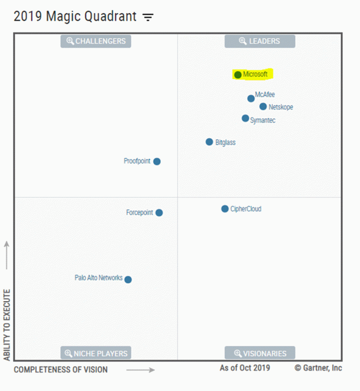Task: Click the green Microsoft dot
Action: point(238,75)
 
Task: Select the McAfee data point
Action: point(251,98)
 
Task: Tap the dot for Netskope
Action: point(263,106)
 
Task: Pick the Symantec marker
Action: point(245,118)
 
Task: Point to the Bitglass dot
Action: point(209,142)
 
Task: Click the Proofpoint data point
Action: point(157,161)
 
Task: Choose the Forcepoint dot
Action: point(159,212)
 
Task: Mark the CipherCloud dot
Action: point(225,209)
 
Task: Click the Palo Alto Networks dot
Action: point(128,279)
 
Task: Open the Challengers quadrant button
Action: point(96,41)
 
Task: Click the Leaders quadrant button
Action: point(260,41)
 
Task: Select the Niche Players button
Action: point(96,353)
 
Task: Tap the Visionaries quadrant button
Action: point(260,353)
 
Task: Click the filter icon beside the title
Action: point(148,17)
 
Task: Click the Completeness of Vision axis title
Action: point(60,369)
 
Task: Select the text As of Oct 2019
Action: point(245,368)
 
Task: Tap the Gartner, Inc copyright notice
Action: point(318,368)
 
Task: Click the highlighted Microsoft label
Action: point(255,74)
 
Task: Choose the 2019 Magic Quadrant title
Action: point(75,16)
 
